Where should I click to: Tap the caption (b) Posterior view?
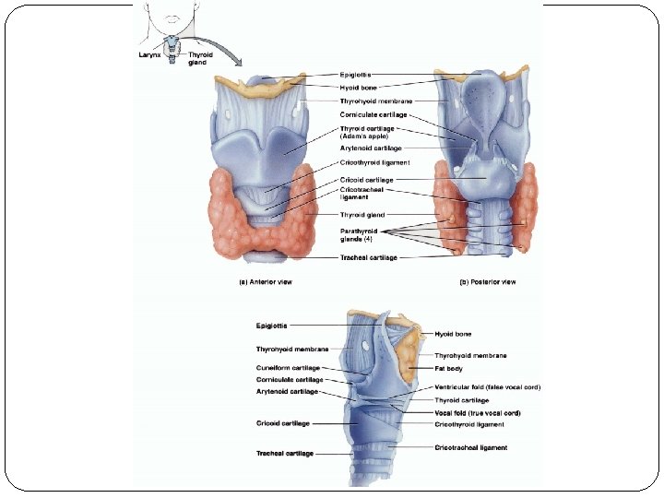click(487, 281)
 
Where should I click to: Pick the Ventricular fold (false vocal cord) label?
click(487, 387)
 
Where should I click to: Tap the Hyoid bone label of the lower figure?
click(453, 334)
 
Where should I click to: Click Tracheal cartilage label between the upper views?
click(368, 258)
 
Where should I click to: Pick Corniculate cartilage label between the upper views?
click(373, 114)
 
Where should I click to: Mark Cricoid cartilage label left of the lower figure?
click(283, 423)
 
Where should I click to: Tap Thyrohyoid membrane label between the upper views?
click(375, 101)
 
